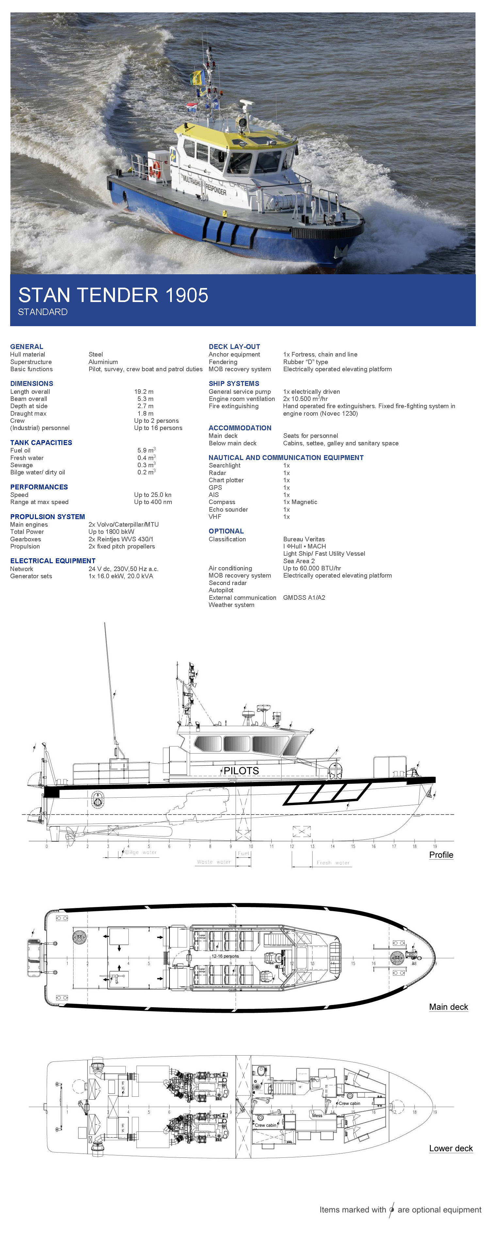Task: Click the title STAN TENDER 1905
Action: tap(113, 295)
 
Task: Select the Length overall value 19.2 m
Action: tap(144, 391)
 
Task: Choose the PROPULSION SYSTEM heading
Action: tap(47, 517)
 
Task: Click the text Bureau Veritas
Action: tap(304, 539)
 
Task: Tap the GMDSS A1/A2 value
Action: tap(304, 597)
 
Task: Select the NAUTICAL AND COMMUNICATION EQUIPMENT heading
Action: tap(286, 457)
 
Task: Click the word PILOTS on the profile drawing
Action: tap(241, 771)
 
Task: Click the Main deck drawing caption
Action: tap(448, 1007)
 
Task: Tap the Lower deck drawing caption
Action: tap(451, 1149)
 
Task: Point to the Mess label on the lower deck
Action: tap(317, 1116)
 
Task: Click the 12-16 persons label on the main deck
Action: tap(225, 956)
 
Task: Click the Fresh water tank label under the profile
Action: tap(333, 863)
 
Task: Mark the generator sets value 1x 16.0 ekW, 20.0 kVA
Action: tap(121, 576)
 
